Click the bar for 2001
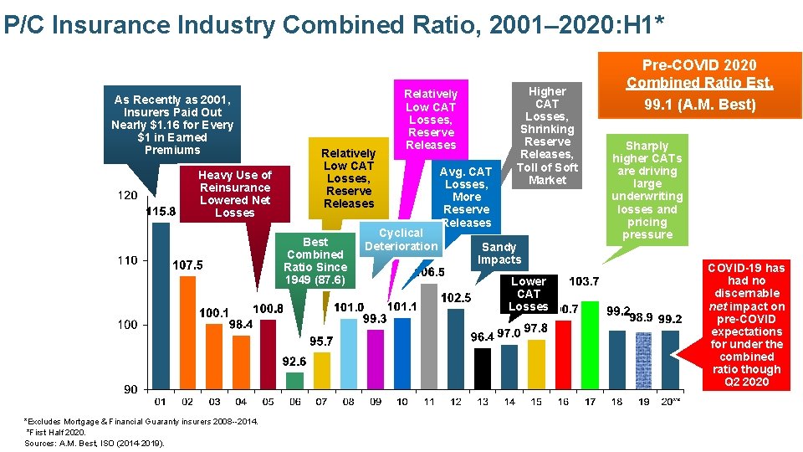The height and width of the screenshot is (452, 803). pyautogui.click(x=161, y=301)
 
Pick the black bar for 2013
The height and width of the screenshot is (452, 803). pyautogui.click(x=483, y=368)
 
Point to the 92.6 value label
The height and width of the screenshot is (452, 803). pyautogui.click(x=294, y=362)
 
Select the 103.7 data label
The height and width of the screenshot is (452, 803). pyautogui.click(x=583, y=280)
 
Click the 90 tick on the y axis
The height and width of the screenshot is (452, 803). pyautogui.click(x=130, y=389)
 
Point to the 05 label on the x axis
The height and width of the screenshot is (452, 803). pyautogui.click(x=268, y=402)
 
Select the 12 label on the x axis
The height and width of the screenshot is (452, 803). pyautogui.click(x=456, y=402)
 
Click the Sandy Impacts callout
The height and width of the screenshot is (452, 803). pyautogui.click(x=499, y=253)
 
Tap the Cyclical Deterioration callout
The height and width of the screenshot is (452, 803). pyautogui.click(x=401, y=239)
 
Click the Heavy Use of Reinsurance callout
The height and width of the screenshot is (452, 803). pyautogui.click(x=234, y=193)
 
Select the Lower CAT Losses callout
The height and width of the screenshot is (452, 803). pyautogui.click(x=529, y=294)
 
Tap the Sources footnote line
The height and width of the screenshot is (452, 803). pyautogui.click(x=95, y=443)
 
